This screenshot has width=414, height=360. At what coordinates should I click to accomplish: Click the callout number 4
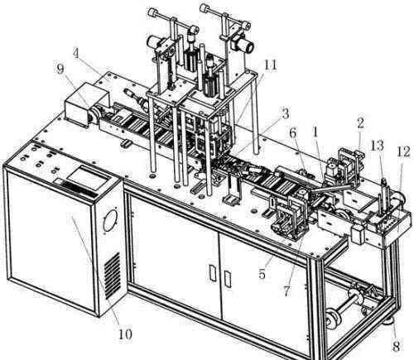click(x=77, y=53)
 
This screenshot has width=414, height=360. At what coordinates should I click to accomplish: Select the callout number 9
click(x=60, y=69)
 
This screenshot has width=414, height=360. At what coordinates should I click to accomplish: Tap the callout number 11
click(x=270, y=65)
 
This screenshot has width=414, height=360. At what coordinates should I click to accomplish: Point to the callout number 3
click(x=285, y=113)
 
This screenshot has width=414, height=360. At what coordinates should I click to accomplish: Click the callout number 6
click(x=293, y=133)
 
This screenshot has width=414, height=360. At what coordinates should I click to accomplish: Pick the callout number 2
click(x=360, y=123)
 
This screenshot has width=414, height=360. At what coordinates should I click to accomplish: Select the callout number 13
click(x=377, y=146)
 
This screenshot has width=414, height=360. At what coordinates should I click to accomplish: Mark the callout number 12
click(x=403, y=151)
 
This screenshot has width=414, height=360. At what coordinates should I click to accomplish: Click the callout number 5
click(x=262, y=274)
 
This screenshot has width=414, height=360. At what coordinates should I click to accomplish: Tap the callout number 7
click(x=287, y=290)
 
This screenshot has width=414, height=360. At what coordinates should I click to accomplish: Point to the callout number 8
click(x=397, y=347)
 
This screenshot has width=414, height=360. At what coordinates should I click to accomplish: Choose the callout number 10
click(x=125, y=334)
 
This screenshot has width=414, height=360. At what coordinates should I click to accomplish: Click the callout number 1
click(x=315, y=133)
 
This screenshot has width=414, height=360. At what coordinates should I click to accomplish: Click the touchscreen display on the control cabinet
click(x=86, y=177)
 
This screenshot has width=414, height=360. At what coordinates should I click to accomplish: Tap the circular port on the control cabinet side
click(x=109, y=221)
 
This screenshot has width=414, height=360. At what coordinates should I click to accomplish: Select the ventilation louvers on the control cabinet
click(x=113, y=276)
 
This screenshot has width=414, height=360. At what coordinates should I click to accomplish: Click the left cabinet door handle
click(x=213, y=273)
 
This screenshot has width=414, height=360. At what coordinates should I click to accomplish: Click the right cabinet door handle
click(x=228, y=279)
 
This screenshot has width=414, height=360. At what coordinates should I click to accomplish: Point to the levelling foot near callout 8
click(x=390, y=321)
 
